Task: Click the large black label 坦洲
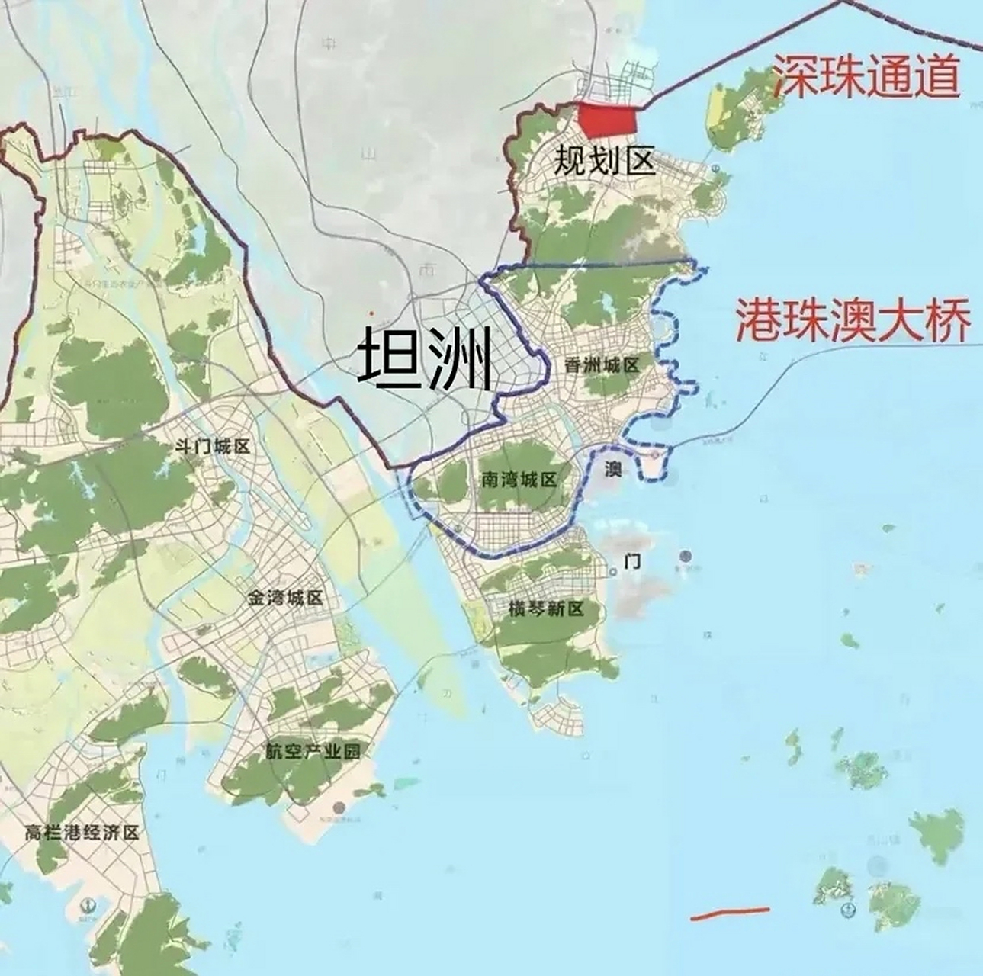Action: pyautogui.click(x=425, y=357)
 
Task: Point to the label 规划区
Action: pyautogui.click(x=604, y=161)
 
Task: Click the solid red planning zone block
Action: pyautogui.click(x=607, y=119)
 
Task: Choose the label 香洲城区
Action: pyautogui.click(x=602, y=366)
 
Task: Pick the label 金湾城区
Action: pyautogui.click(x=284, y=598)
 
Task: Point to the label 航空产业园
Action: pyautogui.click(x=313, y=751)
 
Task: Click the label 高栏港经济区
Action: pyautogui.click(x=82, y=833)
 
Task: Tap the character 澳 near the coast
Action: pyautogui.click(x=612, y=468)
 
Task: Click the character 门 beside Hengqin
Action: pyautogui.click(x=631, y=563)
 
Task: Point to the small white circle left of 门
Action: pyautogui.click(x=613, y=571)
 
